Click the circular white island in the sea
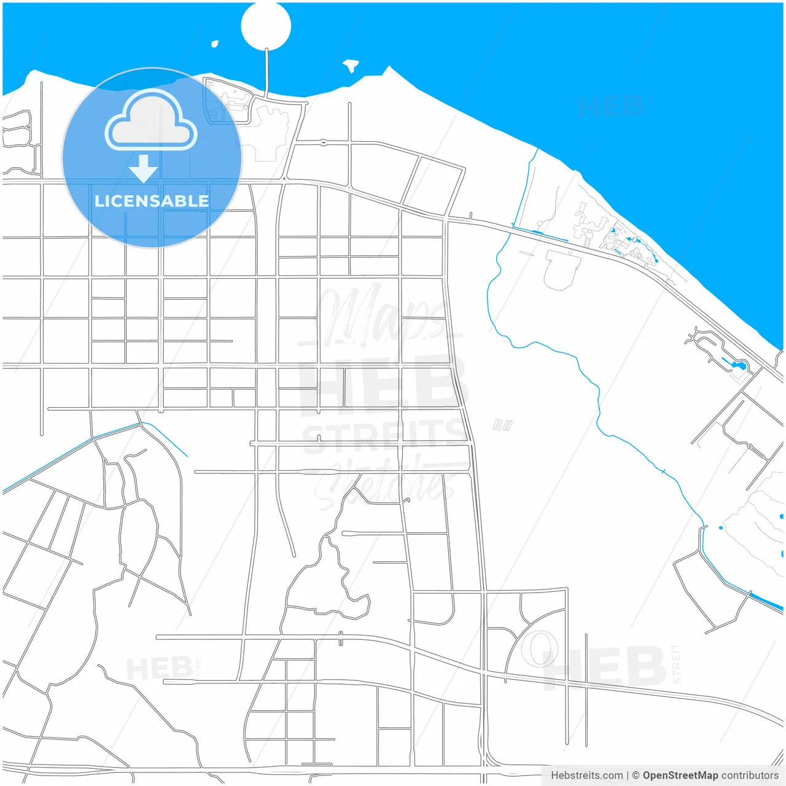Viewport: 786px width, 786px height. click(265, 26)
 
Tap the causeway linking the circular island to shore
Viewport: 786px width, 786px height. click(267, 72)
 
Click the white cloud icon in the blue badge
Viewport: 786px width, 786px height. click(150, 121)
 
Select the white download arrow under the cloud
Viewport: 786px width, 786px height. click(143, 168)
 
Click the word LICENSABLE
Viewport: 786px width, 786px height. click(152, 201)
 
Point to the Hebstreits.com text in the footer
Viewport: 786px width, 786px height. click(586, 776)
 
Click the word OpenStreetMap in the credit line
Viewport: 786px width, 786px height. click(680, 776)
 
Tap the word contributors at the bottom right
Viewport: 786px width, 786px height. click(750, 776)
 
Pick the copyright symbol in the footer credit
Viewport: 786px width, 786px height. click(636, 776)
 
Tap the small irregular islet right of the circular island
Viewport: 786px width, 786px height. click(351, 64)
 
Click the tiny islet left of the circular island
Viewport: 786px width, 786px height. click(215, 44)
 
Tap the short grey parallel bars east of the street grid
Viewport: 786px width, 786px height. click(502, 424)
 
